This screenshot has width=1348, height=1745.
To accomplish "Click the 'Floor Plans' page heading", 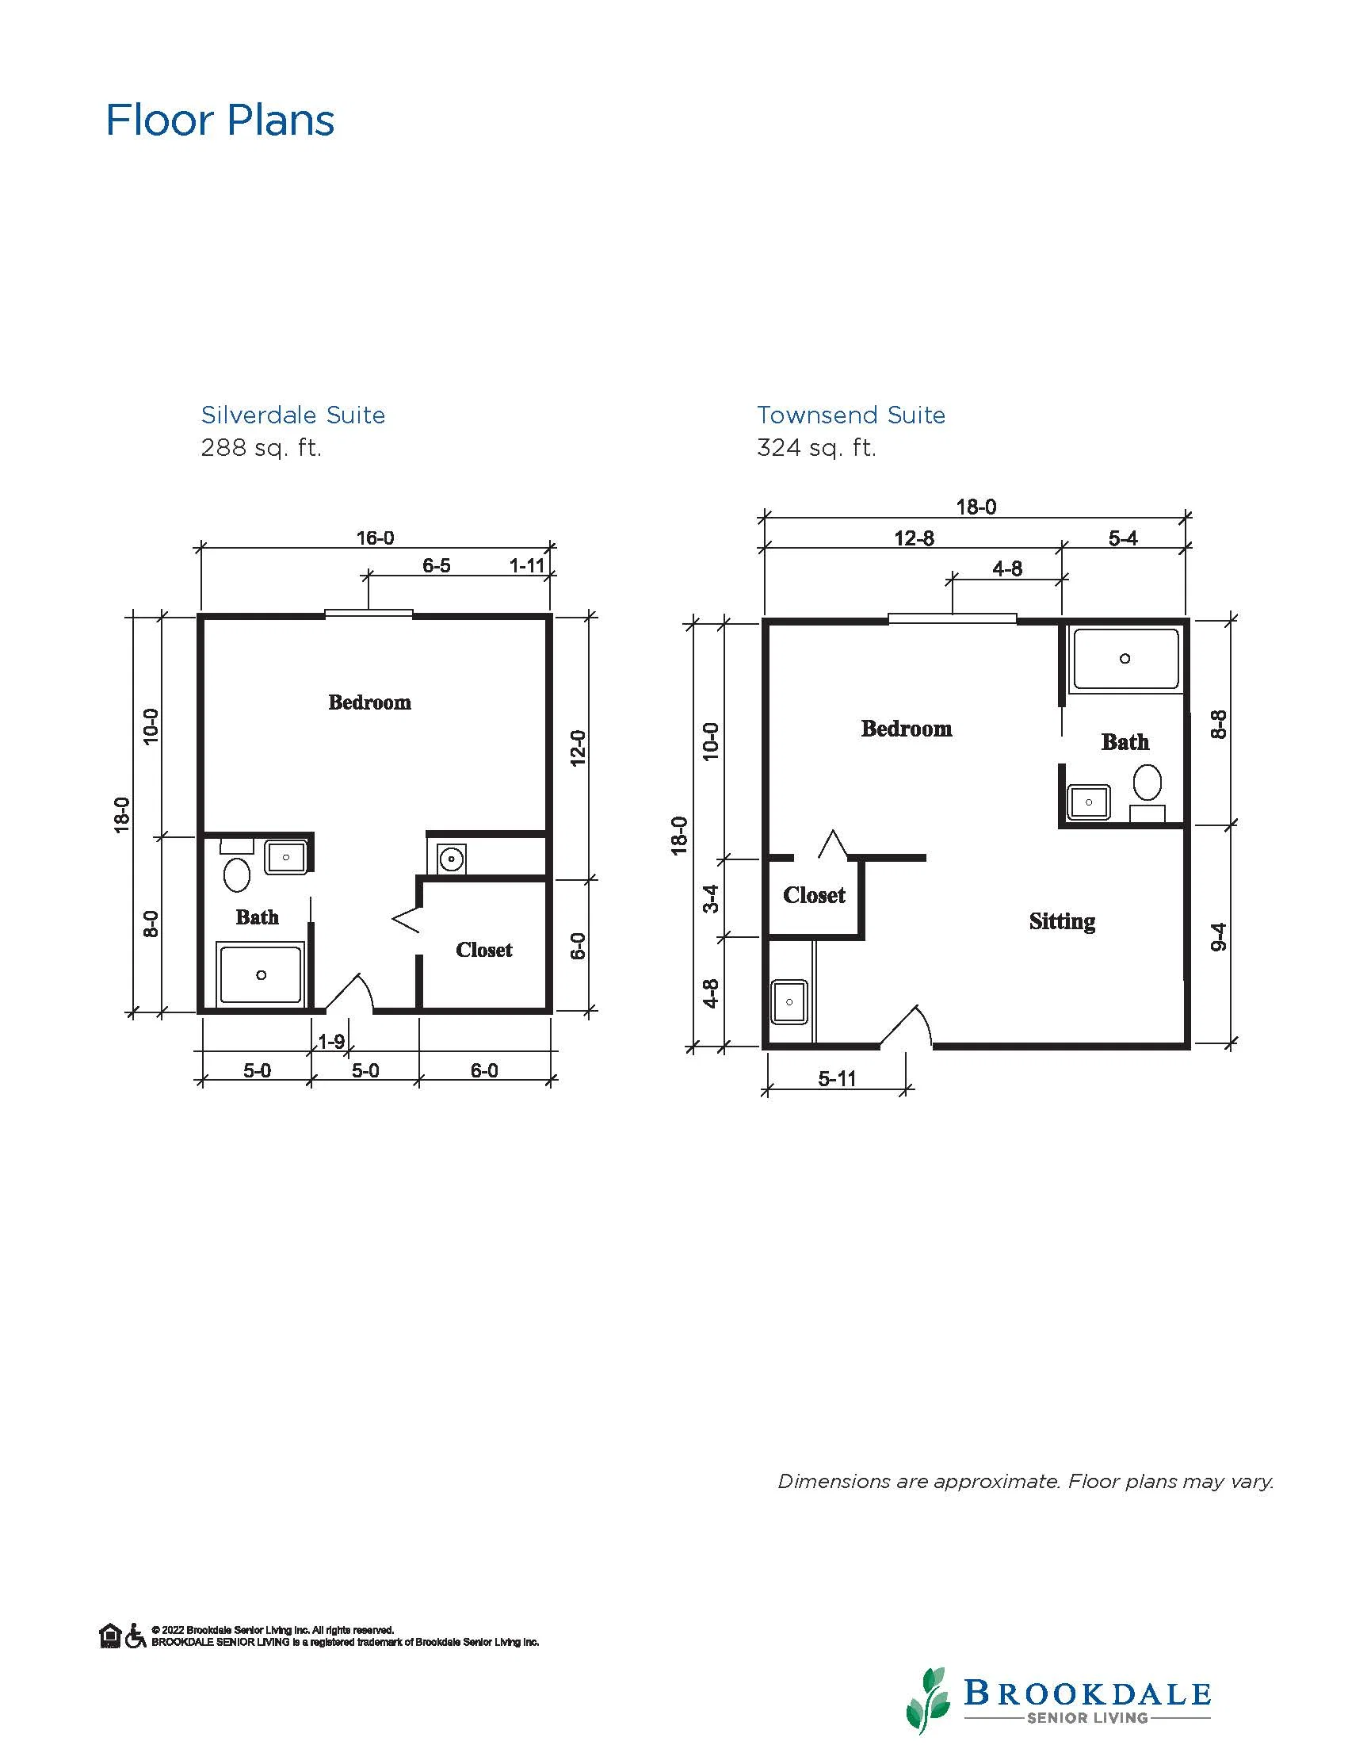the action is (x=220, y=121).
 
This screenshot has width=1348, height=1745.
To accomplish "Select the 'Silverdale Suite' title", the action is (x=293, y=415).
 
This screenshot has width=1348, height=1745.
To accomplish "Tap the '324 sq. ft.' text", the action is (x=816, y=447).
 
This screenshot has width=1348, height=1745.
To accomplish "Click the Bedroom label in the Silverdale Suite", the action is (x=370, y=702).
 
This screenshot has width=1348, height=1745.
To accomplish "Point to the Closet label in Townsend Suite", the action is (x=814, y=895).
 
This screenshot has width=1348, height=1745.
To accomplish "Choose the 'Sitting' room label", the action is (x=1062, y=922).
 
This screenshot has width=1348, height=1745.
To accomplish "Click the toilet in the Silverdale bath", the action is (x=237, y=874).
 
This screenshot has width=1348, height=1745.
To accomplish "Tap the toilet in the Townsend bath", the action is (x=1148, y=783).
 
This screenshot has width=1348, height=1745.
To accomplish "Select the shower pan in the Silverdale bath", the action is (x=261, y=974).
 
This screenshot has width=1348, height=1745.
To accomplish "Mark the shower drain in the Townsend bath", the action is (x=1125, y=658).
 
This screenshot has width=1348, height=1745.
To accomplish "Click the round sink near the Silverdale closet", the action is (x=451, y=859).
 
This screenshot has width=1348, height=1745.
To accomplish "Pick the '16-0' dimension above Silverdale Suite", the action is (x=376, y=538).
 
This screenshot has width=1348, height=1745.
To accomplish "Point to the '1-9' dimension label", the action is (x=331, y=1041).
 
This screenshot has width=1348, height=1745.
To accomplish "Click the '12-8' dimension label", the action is (x=915, y=538).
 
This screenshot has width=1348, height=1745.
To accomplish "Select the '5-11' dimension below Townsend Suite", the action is (x=837, y=1079).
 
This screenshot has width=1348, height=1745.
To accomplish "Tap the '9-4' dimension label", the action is (x=1219, y=936).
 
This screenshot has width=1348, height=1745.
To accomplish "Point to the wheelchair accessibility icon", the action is (x=135, y=1636).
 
